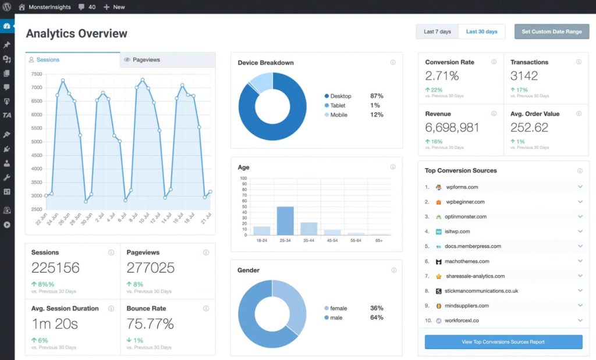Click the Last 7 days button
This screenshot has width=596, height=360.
(x=437, y=31)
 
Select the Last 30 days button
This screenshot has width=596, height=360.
(x=481, y=31)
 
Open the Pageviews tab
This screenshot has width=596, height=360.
(x=146, y=60)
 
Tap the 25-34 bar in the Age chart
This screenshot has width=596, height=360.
(x=285, y=220)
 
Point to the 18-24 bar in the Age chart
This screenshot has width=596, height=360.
(x=262, y=230)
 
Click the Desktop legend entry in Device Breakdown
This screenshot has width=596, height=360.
(x=341, y=96)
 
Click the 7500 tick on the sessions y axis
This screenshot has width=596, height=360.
(x=36, y=74)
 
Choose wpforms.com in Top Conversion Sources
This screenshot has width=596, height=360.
(x=462, y=187)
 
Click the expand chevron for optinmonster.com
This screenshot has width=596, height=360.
(x=580, y=216)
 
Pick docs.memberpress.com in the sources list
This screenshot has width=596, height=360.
(x=473, y=246)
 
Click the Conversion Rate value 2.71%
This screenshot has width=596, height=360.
(x=442, y=76)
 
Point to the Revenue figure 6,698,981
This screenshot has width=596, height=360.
(x=452, y=127)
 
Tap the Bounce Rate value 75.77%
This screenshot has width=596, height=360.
(x=150, y=323)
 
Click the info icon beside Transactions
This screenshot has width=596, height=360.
(x=578, y=62)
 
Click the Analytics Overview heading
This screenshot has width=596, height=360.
(x=76, y=33)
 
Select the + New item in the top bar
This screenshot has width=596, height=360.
(x=114, y=7)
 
